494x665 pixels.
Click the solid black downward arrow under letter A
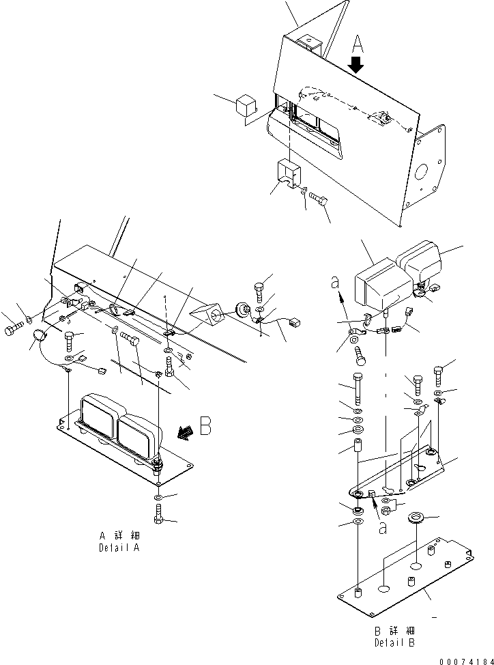pyautogui.click(x=357, y=66)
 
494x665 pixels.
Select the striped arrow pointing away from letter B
pyautogui.click(x=182, y=430)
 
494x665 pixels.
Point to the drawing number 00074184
pyautogui.click(x=462, y=657)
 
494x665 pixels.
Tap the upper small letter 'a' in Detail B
pyautogui.click(x=335, y=281)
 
